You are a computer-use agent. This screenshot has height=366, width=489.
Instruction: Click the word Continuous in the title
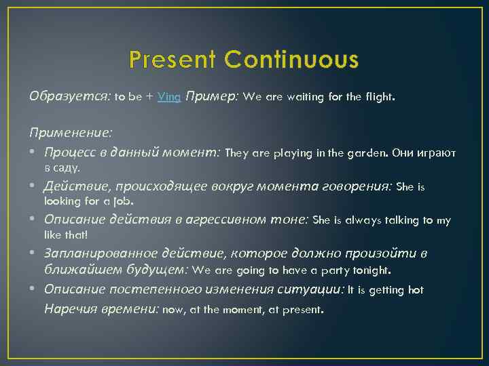tap(292, 60)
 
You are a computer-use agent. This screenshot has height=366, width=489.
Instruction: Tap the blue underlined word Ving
tap(169, 97)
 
